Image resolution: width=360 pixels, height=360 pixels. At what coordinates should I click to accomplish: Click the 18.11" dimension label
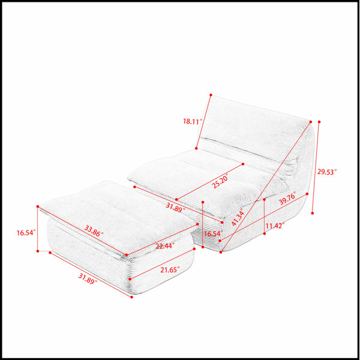tap(193, 121)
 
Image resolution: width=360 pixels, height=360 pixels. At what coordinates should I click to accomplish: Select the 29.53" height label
tap(327, 172)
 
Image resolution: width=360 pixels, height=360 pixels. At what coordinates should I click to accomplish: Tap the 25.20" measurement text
tap(221, 181)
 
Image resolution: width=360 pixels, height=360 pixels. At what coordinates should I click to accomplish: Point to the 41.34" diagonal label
tap(238, 218)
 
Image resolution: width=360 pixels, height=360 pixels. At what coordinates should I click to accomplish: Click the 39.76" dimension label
tap(287, 199)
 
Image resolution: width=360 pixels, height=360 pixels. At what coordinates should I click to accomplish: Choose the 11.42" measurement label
tap(275, 226)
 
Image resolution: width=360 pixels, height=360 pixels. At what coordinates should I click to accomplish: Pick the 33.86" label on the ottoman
tap(94, 231)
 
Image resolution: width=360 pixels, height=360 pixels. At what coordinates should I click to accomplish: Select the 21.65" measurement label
tap(170, 270)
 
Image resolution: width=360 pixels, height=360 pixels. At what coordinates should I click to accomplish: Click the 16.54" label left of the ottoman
tap(26, 233)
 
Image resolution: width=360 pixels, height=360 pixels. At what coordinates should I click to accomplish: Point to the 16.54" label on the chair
tap(213, 234)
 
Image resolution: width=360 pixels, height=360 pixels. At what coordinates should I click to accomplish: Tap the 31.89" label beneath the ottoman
tap(88, 279)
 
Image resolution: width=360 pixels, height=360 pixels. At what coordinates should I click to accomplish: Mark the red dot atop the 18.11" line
tap(211, 95)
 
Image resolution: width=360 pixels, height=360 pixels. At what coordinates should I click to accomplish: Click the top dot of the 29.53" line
tap(319, 122)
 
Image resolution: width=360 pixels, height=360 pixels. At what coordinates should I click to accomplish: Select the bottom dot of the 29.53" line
tap(313, 213)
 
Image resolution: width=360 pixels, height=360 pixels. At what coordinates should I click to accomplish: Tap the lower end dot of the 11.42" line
tap(265, 233)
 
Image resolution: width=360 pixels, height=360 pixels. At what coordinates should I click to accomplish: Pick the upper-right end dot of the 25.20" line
tap(243, 164)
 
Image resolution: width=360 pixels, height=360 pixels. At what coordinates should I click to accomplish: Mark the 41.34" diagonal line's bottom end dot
tap(221, 252)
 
